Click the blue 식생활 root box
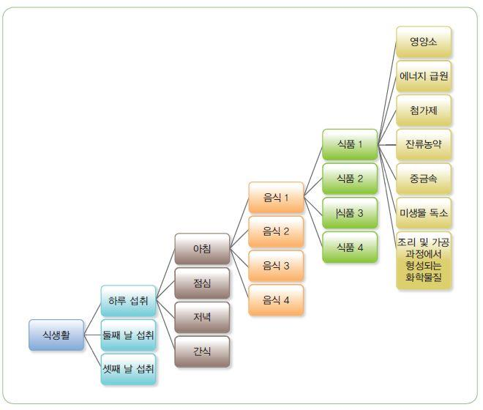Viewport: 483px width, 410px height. point(57,335)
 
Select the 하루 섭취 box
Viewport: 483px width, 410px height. point(129,301)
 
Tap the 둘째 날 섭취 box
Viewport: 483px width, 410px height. point(129,335)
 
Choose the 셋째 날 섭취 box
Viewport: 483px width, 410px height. point(129,370)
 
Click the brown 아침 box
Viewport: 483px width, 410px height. point(202,249)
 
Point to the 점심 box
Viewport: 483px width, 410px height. point(202,283)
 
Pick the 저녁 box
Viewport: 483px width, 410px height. point(202,317)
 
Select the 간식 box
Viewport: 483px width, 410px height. point(202,351)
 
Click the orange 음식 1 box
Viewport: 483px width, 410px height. point(276,197)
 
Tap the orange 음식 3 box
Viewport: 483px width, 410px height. point(276,266)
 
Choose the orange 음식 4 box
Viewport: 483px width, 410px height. point(276,300)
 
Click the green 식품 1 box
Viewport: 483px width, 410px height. point(350,144)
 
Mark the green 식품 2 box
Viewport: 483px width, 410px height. point(350,178)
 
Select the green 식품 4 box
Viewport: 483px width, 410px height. point(350,247)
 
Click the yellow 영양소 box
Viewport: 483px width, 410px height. point(424,42)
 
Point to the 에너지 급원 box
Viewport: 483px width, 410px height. point(424,75)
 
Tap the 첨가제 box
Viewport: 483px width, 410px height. point(424,110)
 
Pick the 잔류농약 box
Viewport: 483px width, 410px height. point(424,144)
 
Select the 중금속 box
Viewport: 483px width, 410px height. point(424,178)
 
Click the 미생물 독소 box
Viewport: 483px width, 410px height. point(424,212)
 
